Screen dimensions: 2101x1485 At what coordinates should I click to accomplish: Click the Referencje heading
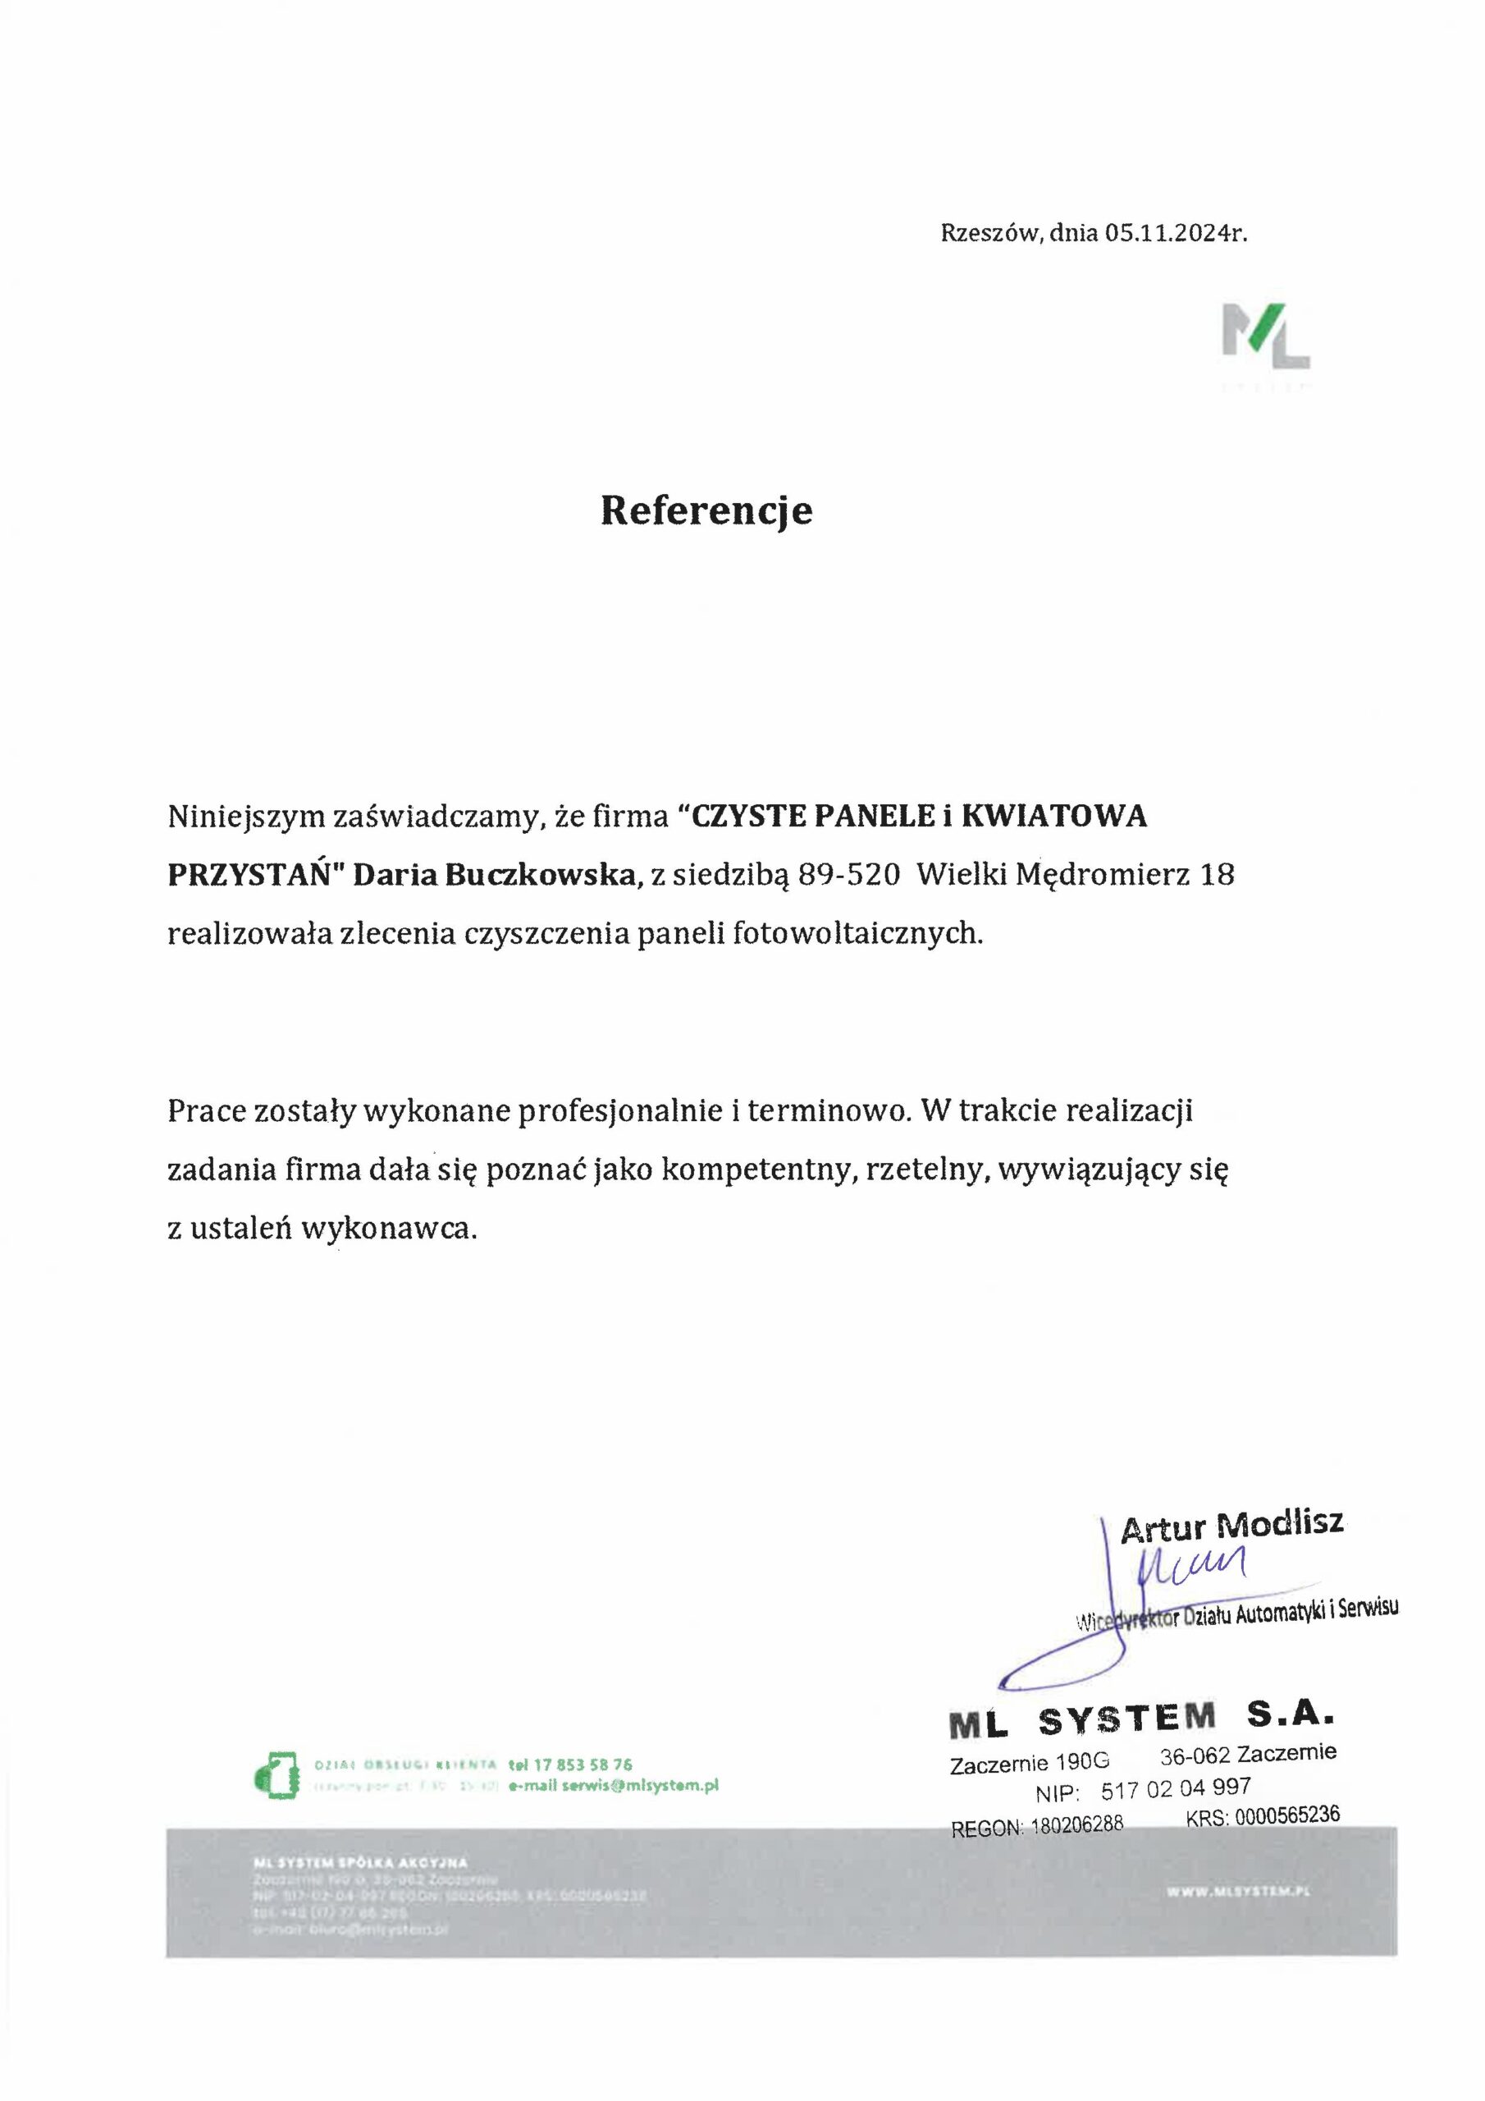(706, 510)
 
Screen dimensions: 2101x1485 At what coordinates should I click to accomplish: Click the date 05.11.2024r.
(1175, 233)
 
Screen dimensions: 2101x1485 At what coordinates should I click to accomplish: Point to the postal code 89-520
(842, 875)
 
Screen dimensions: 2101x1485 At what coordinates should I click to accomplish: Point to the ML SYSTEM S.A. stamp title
(1142, 1719)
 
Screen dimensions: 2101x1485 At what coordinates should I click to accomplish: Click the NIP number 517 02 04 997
(1175, 1789)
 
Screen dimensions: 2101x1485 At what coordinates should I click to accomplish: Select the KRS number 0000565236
(1286, 1815)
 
